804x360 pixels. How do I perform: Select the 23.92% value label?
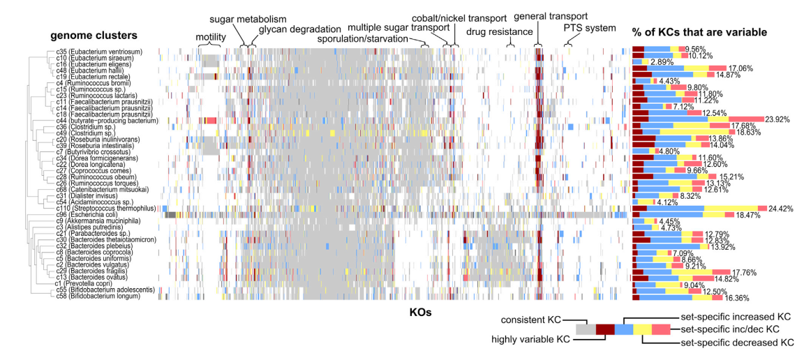(x=777, y=120)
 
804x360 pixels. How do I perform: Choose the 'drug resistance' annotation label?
(x=500, y=32)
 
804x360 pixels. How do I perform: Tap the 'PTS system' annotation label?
(x=590, y=29)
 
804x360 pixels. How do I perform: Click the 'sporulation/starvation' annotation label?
(x=362, y=39)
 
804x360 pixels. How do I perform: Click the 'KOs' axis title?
(x=420, y=313)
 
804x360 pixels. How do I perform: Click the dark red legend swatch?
(x=605, y=329)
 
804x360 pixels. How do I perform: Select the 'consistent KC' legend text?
(x=526, y=320)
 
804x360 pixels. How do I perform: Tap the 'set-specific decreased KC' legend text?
(x=737, y=343)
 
